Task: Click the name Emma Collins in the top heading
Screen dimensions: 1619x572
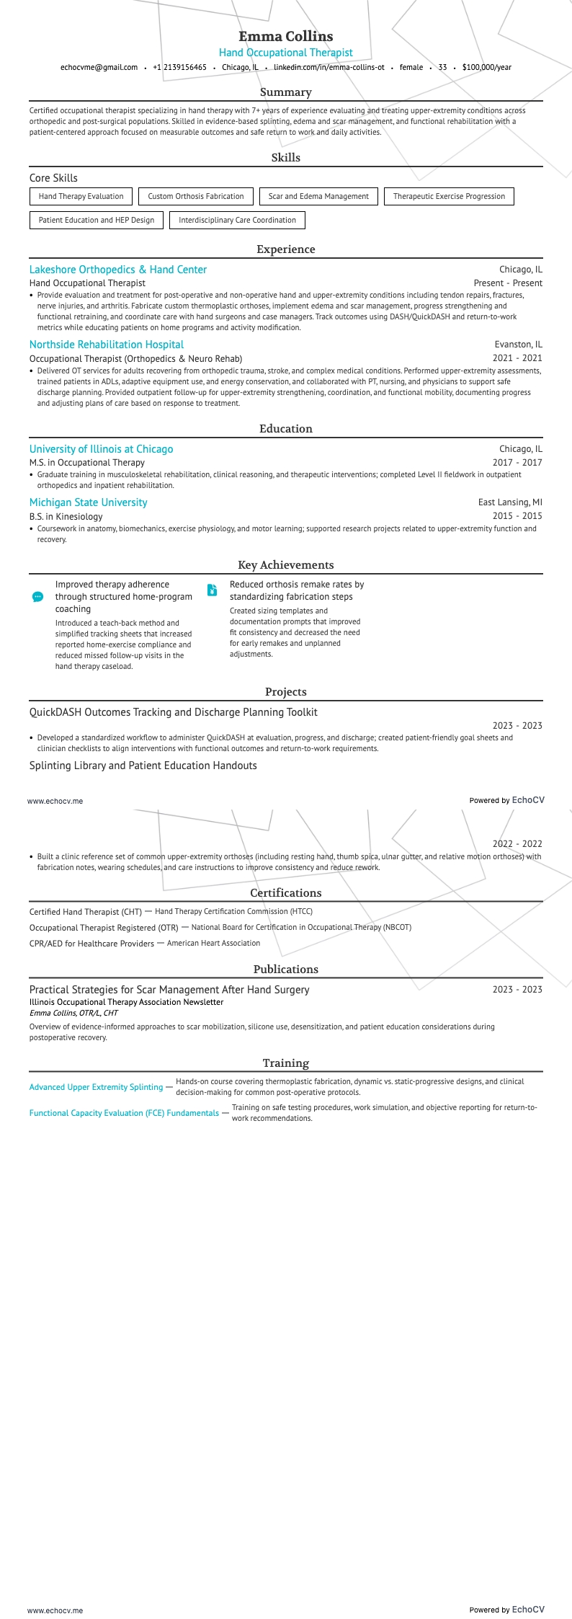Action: pyautogui.click(x=286, y=36)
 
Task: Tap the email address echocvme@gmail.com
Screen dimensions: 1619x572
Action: pyautogui.click(x=99, y=67)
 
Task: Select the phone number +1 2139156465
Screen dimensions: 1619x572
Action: pyautogui.click(x=179, y=67)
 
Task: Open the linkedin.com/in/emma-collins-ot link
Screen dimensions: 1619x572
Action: pyautogui.click(x=329, y=67)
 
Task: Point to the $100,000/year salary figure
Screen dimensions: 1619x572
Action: pyautogui.click(x=486, y=67)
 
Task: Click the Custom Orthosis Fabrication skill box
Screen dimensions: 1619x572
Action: pyautogui.click(x=196, y=196)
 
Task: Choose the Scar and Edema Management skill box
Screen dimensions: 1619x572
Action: pyautogui.click(x=318, y=196)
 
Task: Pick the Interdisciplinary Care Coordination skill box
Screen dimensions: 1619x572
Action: pyautogui.click(x=237, y=220)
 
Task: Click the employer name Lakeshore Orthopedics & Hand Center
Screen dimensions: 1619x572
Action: pyautogui.click(x=118, y=270)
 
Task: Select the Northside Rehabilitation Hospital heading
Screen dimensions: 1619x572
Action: pyautogui.click(x=107, y=345)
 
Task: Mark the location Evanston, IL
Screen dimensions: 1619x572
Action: pyautogui.click(x=518, y=345)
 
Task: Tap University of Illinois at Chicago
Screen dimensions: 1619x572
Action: pyautogui.click(x=101, y=449)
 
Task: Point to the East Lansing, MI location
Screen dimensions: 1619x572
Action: pyautogui.click(x=510, y=502)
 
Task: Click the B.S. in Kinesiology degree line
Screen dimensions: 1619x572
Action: pyautogui.click(x=66, y=516)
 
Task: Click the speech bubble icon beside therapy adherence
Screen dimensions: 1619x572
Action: pyautogui.click(x=38, y=597)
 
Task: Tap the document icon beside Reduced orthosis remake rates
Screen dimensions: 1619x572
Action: pyautogui.click(x=212, y=590)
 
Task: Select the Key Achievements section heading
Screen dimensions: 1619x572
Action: pyautogui.click(x=286, y=565)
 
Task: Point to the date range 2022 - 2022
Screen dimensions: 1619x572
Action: pyautogui.click(x=517, y=844)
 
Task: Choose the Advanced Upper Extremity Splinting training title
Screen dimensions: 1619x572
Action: pyautogui.click(x=96, y=1087)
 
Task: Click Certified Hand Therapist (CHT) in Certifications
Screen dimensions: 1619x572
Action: pyautogui.click(x=86, y=912)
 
